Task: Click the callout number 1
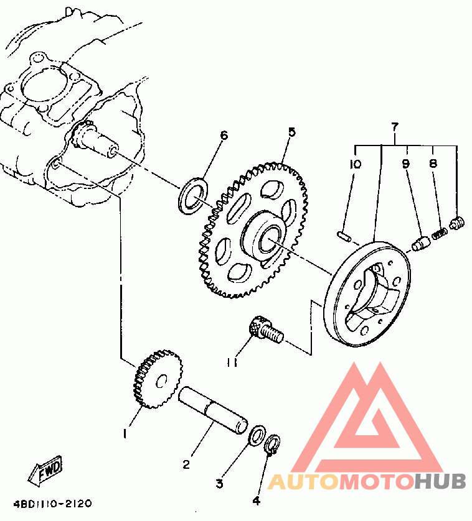coord(126,433)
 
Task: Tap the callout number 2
coord(186,464)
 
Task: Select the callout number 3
coord(219,483)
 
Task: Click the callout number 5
coord(291,132)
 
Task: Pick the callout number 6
coord(224,136)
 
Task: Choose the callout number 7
coord(394,127)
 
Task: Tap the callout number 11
coord(232,362)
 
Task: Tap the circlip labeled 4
coord(272,445)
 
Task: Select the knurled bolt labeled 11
coord(265,330)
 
